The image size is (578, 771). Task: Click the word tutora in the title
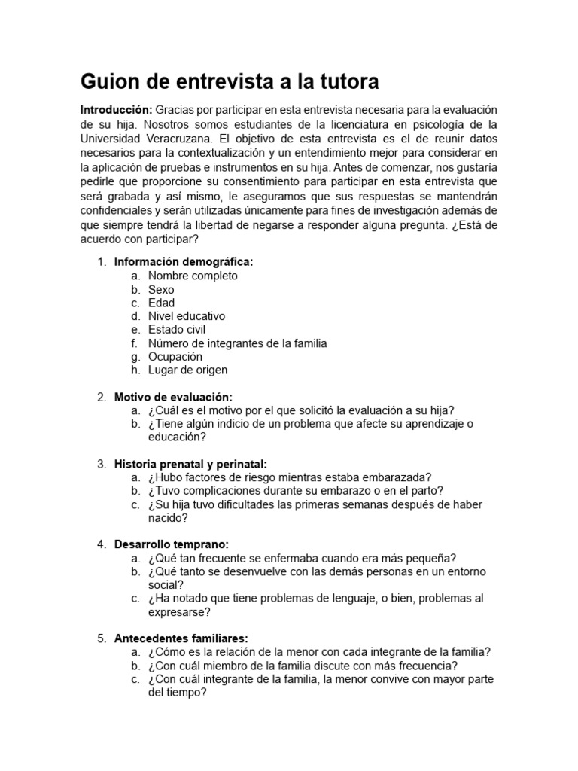tap(344, 81)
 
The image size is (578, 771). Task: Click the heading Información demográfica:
tap(184, 262)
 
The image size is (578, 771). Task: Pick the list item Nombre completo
tap(193, 276)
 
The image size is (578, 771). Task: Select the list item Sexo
tap(161, 289)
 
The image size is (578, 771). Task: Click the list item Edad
tap(161, 303)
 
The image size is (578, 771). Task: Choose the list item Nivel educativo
tap(187, 316)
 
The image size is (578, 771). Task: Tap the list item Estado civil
tap(177, 330)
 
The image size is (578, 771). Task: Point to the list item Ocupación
tap(175, 357)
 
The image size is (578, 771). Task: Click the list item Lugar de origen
tap(187, 370)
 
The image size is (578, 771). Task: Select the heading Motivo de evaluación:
tap(173, 397)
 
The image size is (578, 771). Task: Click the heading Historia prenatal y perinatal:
tap(190, 464)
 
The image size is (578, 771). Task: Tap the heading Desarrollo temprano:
tap(171, 544)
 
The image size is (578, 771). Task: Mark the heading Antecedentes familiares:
tap(181, 638)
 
